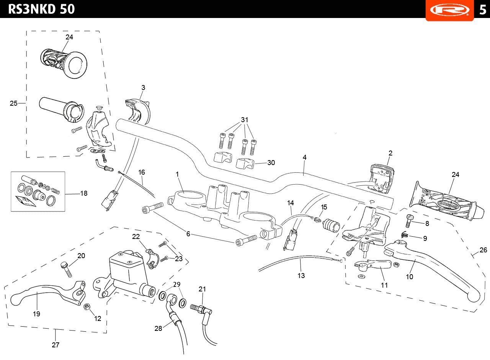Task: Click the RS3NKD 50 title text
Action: click(x=41, y=9)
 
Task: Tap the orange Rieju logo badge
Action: click(x=449, y=10)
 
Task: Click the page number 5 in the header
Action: click(x=482, y=10)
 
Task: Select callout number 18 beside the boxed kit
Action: click(x=84, y=193)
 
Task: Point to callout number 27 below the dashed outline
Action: click(x=56, y=345)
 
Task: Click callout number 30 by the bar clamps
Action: click(x=271, y=163)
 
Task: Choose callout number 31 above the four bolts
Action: click(x=245, y=120)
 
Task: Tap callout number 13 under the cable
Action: click(x=301, y=275)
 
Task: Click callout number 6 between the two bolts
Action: click(x=188, y=234)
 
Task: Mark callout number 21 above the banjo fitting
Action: click(x=202, y=289)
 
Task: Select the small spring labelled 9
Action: click(x=405, y=235)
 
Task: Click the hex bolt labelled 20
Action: click(x=66, y=270)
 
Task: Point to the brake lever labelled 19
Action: click(x=48, y=292)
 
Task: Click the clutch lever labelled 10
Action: click(x=432, y=271)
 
